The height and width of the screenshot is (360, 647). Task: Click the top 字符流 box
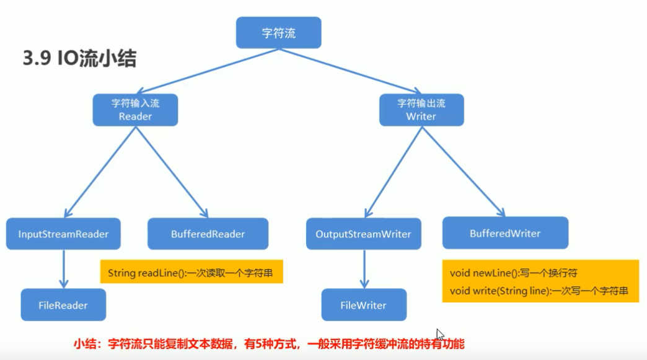pyautogui.click(x=279, y=33)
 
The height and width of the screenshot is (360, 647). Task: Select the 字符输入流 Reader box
pyautogui.click(x=135, y=110)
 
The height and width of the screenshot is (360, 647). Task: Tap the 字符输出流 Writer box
pyautogui.click(x=421, y=110)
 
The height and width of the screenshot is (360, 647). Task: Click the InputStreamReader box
pyautogui.click(x=63, y=234)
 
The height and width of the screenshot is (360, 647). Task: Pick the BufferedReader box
pyautogui.click(x=208, y=234)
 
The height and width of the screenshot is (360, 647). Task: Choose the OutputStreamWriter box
pyautogui.click(x=363, y=234)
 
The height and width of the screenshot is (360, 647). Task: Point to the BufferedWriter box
pyautogui.click(x=505, y=234)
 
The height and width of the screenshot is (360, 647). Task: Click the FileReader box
pyautogui.click(x=63, y=305)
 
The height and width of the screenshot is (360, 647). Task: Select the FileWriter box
pyautogui.click(x=363, y=305)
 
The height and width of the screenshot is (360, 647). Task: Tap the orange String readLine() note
pyautogui.click(x=191, y=272)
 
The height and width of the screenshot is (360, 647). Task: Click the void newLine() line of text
pyautogui.click(x=514, y=273)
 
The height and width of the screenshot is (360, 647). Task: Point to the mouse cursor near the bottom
pyautogui.click(x=440, y=335)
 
